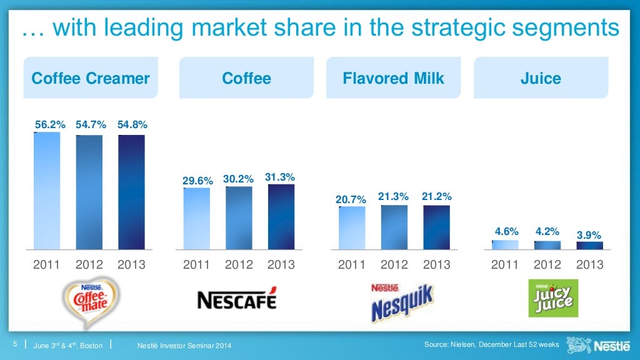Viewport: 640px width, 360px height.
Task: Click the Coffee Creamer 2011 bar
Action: pyautogui.click(x=47, y=191)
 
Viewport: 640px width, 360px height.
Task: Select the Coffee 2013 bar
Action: pyautogui.click(x=281, y=217)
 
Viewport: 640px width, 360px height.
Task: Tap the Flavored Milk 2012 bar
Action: pyautogui.click(x=394, y=227)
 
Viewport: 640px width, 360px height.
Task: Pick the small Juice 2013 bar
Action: pyautogui.click(x=589, y=246)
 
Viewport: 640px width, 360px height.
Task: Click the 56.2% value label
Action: pyautogui.click(x=50, y=124)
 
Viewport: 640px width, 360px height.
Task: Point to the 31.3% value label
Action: pyautogui.click(x=280, y=177)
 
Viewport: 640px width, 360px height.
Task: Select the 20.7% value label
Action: pyautogui.click(x=351, y=199)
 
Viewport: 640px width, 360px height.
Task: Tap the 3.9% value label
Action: pyautogui.click(x=589, y=235)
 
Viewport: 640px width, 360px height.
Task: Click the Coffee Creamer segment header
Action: pyautogui.click(x=91, y=78)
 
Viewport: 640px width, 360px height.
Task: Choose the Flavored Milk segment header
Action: pyautogui.click(x=393, y=78)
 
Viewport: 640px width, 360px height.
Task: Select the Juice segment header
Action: pyautogui.click(x=541, y=78)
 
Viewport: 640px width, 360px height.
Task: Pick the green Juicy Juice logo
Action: pyautogui.click(x=549, y=298)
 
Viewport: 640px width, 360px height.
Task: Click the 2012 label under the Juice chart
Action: pyautogui.click(x=547, y=264)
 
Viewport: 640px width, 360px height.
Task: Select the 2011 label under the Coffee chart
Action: pyautogui.click(x=196, y=264)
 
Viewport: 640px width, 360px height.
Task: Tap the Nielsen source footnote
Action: pyautogui.click(x=491, y=345)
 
